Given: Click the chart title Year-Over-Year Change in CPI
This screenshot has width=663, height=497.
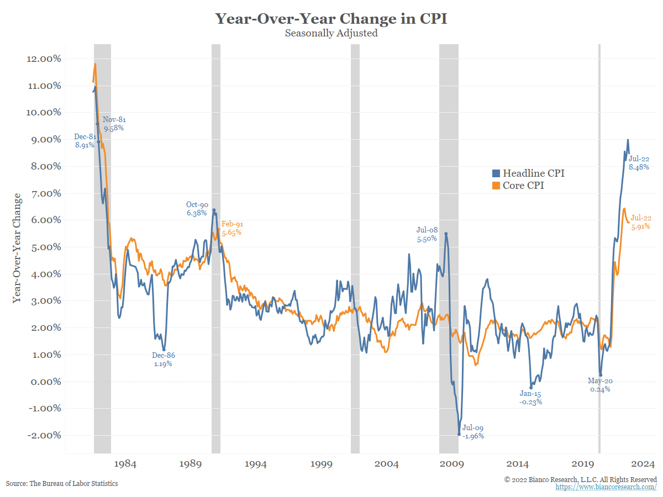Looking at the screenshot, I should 331,19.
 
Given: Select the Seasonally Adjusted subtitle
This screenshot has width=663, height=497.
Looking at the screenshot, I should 331,33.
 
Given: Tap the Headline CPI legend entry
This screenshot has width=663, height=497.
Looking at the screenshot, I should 528,173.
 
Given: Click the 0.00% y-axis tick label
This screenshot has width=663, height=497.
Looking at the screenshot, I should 45,382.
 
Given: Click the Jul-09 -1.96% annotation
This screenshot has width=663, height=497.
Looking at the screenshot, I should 473,432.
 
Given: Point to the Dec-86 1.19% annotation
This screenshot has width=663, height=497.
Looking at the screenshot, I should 164,360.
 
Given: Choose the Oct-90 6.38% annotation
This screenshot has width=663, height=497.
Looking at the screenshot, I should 197,209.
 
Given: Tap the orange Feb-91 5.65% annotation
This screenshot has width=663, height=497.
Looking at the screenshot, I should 232,228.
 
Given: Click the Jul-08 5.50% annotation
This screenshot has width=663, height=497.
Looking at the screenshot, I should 427,235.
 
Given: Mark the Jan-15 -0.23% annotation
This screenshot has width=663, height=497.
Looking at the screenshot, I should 531,398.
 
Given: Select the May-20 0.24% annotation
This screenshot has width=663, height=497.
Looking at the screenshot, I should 599,385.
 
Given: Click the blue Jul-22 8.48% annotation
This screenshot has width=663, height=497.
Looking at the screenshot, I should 639,163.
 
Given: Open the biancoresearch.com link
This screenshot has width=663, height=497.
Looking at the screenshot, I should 606,487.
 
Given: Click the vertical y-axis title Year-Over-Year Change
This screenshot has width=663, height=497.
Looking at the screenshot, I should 18,247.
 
